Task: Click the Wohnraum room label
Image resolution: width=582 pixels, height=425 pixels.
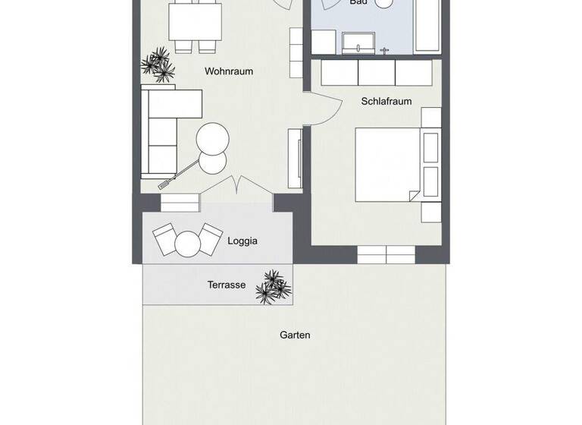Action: [228, 71]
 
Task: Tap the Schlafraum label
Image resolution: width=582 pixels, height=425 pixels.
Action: [386, 101]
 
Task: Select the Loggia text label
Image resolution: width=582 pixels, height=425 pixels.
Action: [242, 241]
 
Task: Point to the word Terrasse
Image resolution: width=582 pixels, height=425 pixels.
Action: [227, 285]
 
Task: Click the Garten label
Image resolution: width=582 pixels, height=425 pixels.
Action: [295, 335]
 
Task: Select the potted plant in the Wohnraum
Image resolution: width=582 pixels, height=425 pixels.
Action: [159, 64]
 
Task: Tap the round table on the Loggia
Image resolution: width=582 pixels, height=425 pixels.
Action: [187, 243]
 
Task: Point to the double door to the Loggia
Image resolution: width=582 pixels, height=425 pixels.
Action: [239, 185]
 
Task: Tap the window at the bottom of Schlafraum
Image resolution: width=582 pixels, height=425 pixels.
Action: [386, 254]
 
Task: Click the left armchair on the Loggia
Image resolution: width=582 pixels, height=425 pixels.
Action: [167, 241]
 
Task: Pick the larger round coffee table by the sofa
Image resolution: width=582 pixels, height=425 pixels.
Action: [214, 139]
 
